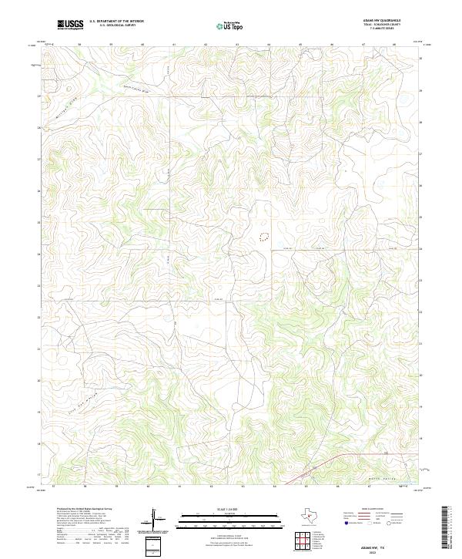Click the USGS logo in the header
pyautogui.click(x=70, y=25)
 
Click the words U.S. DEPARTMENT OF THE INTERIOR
pyautogui.click(x=116, y=22)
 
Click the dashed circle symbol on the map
pyautogui.click(x=264, y=234)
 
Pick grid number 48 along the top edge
pyautogui.click(x=393, y=45)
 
